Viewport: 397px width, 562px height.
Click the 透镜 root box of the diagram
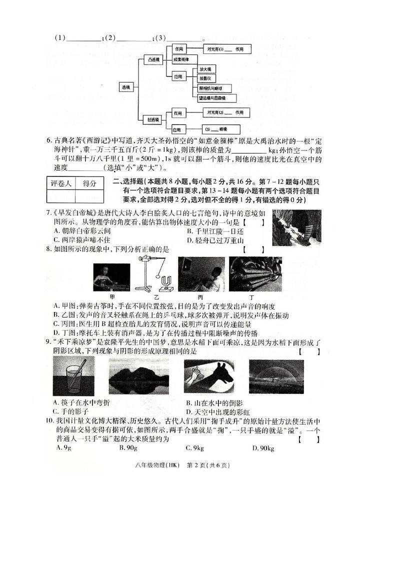[x=125, y=87]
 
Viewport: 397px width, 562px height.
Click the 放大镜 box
[x=205, y=69]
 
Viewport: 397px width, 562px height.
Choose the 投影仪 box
[x=206, y=78]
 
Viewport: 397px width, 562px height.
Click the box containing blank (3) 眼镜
[x=220, y=129]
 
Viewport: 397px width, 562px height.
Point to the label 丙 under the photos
[x=198, y=297]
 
